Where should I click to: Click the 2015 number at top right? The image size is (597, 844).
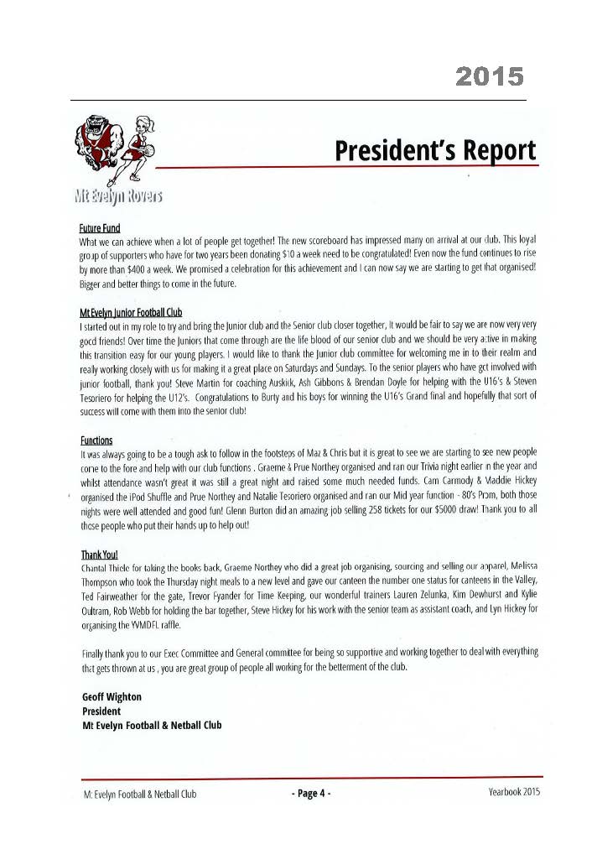click(x=490, y=77)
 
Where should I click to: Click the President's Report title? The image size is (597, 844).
click(x=434, y=151)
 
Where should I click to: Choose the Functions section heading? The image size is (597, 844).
click(x=96, y=440)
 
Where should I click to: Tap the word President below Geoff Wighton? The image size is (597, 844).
click(x=101, y=711)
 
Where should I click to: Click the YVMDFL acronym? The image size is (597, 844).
click(x=148, y=625)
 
